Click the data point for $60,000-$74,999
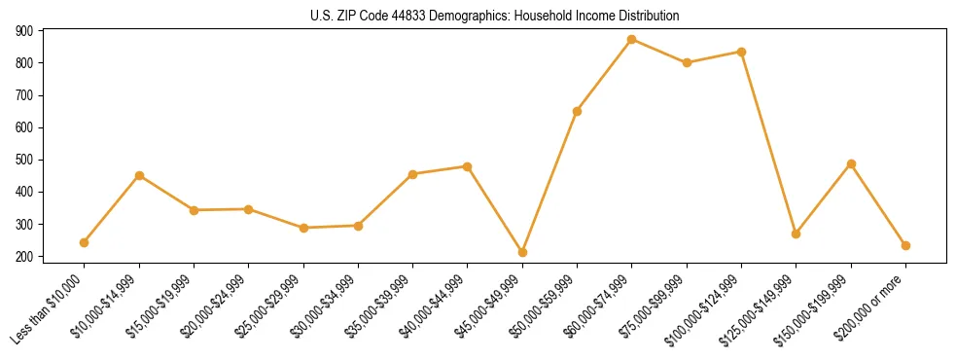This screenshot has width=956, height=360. click(x=632, y=40)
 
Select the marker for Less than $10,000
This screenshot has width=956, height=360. click(x=85, y=242)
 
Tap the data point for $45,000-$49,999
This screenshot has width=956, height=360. click(x=522, y=252)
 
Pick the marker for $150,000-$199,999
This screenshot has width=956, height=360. click(x=851, y=163)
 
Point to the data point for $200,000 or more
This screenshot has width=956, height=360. click(x=905, y=245)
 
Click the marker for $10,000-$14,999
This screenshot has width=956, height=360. click(x=139, y=175)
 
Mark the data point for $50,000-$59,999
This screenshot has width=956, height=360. click(x=577, y=111)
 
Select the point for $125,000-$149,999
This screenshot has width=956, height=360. click(x=797, y=234)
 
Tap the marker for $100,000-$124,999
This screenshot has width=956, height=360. click(x=741, y=52)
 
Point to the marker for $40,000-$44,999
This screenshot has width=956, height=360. click(x=468, y=166)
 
